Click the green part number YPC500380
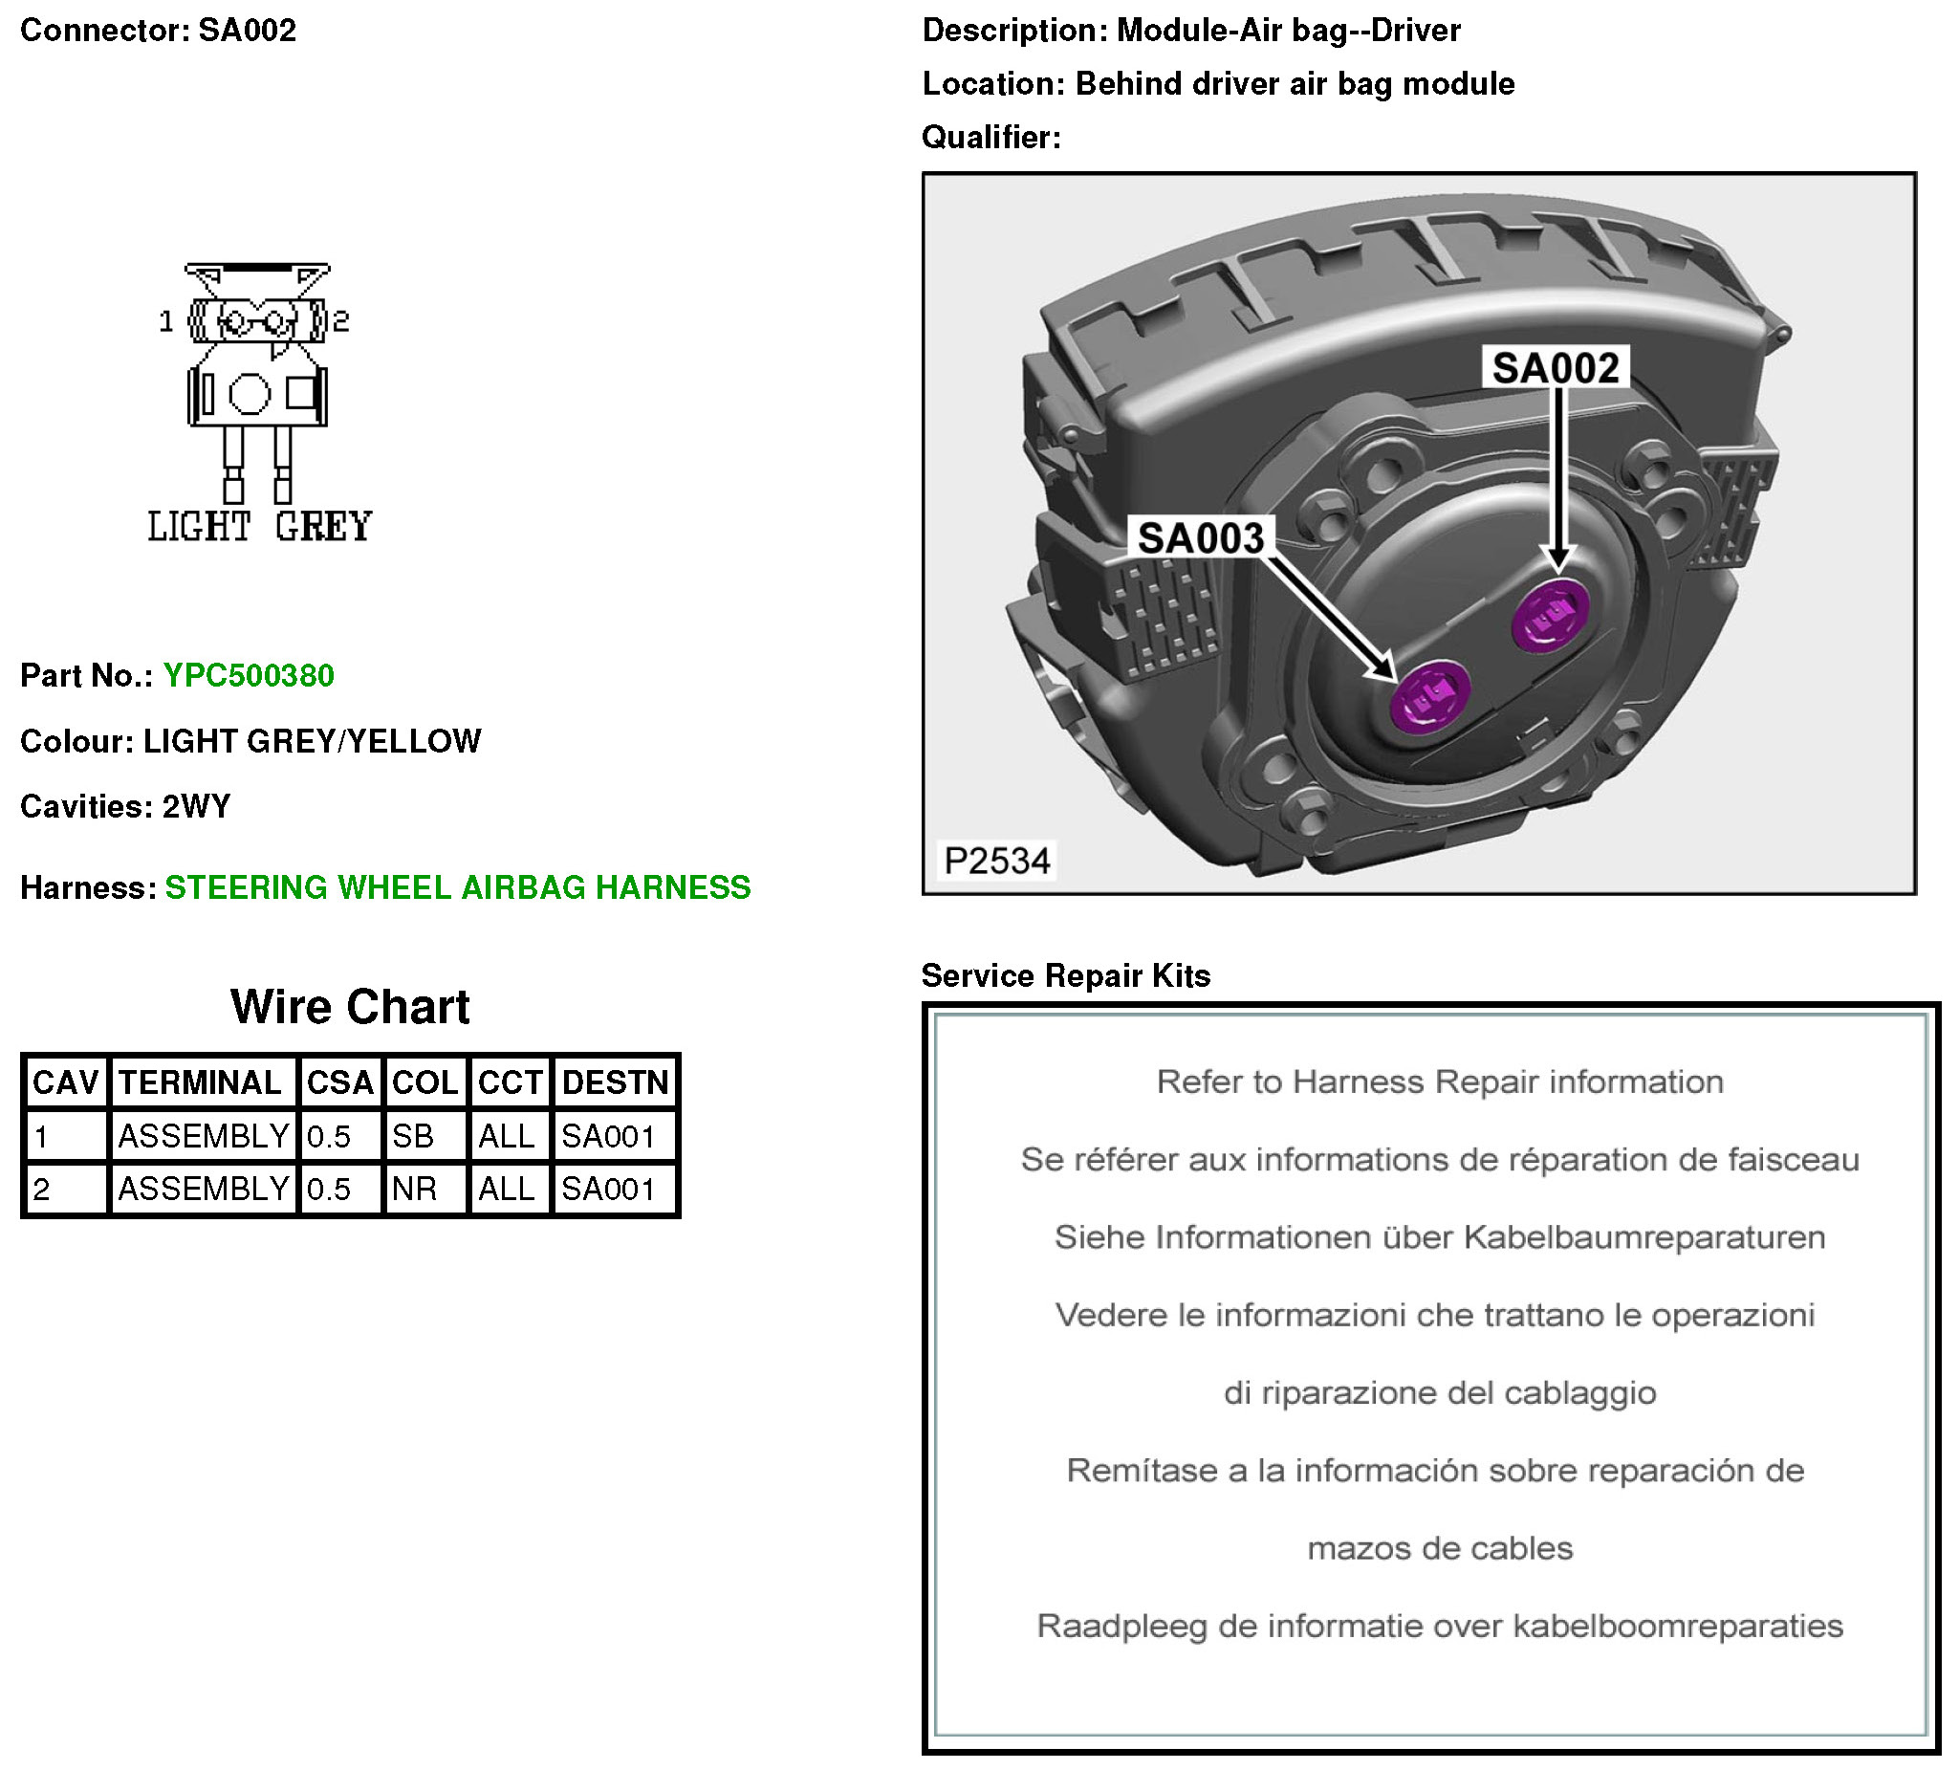point(248,675)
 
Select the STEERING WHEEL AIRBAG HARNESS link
point(458,887)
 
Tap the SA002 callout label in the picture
point(1555,368)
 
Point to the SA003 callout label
point(1201,538)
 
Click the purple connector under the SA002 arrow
point(1551,616)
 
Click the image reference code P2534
point(997,862)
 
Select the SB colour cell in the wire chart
point(413,1136)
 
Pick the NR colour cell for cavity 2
point(414,1189)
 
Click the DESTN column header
point(615,1082)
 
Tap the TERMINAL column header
point(200,1082)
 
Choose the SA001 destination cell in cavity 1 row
point(608,1136)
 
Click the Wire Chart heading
point(350,1007)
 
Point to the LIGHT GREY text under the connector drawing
point(259,527)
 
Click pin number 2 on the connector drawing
point(341,320)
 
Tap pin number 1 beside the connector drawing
point(166,320)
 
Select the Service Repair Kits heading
point(1065,976)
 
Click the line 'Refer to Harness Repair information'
point(1439,1082)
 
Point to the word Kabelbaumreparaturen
point(1644,1237)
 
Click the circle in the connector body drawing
point(249,395)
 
